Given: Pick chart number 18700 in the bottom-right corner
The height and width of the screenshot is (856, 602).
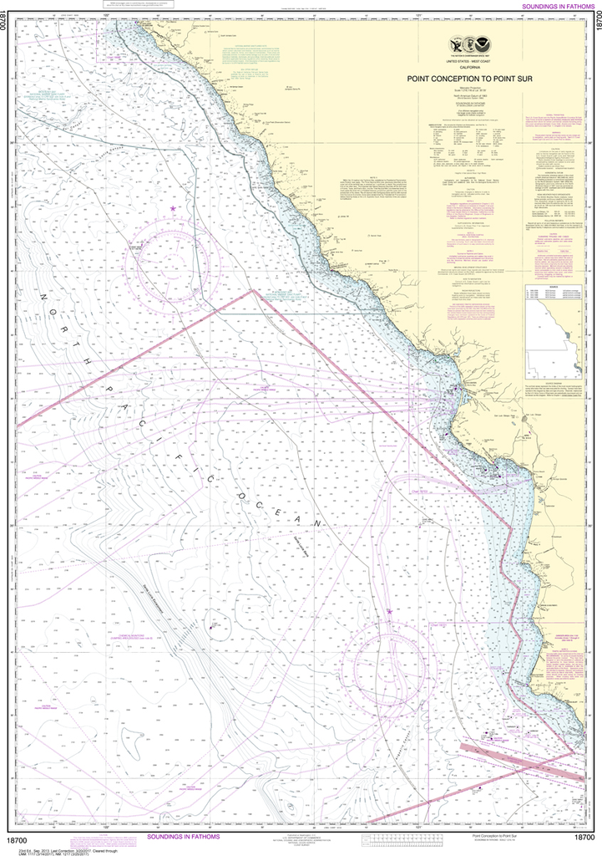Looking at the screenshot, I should click(584, 838).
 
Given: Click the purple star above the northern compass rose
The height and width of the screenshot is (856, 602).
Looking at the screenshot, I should click(173, 208).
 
